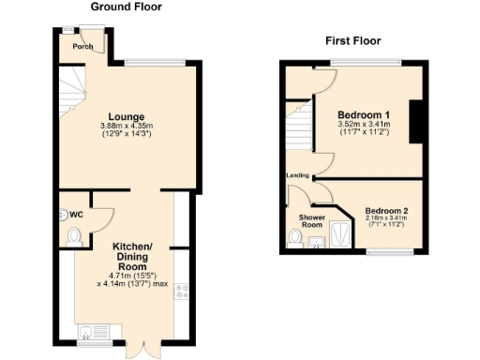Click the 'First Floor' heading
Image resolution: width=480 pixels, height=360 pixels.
352,40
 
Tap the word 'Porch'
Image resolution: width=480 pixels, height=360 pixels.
83,47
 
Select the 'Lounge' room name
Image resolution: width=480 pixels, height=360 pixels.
126,116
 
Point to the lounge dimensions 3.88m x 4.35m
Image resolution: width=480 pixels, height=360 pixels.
126,127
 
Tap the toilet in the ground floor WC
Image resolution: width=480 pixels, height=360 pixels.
62,214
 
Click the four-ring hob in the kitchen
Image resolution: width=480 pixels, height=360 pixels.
181,292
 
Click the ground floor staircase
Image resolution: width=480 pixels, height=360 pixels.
71,94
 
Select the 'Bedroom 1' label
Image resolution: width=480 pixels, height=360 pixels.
364,115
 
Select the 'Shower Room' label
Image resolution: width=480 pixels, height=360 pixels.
312,221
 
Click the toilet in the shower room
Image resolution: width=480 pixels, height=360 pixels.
296,240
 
